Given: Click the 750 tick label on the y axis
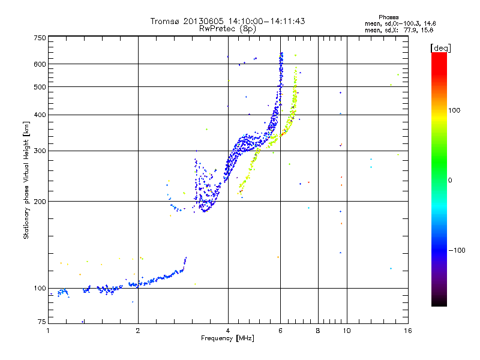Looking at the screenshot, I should (39, 37).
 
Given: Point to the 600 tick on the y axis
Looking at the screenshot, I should (39, 64).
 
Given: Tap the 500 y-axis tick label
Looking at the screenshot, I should (39, 86).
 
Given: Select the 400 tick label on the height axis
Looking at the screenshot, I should (39, 115).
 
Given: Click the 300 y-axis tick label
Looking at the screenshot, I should (39, 151).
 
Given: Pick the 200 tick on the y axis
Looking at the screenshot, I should (39, 201).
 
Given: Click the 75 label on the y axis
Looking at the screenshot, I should (41, 322).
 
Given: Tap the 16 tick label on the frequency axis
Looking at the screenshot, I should (407, 331).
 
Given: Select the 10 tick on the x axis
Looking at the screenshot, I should (346, 331).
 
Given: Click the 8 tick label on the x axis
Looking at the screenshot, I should (318, 331).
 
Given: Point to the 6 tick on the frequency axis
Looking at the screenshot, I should (281, 331).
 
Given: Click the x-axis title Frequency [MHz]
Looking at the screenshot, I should (228, 339).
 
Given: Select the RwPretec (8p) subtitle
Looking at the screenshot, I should (227, 28).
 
